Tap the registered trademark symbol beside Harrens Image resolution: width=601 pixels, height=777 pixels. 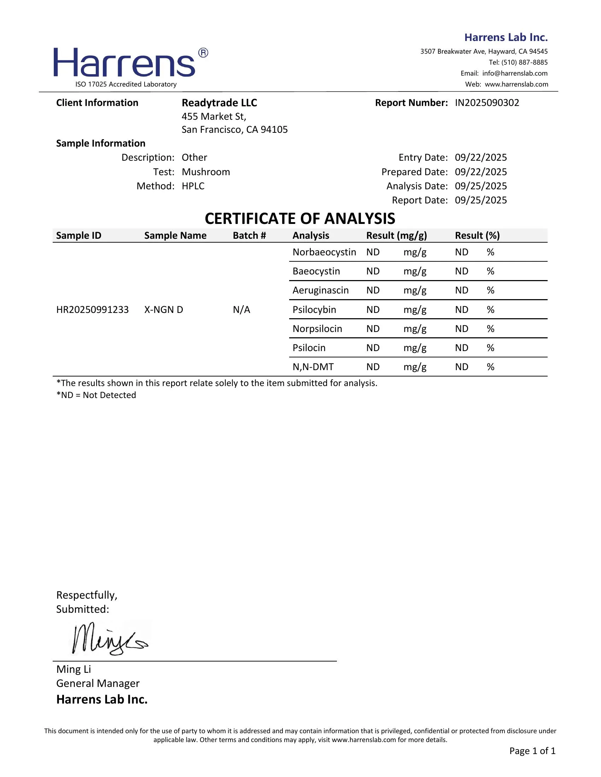point(203,53)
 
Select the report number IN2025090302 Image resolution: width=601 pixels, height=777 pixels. point(487,103)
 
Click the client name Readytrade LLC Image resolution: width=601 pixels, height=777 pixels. point(219,103)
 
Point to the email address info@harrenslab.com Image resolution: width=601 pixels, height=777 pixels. point(515,73)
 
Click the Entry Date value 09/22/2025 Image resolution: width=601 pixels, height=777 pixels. point(481,157)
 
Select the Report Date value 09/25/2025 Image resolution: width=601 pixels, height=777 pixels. point(481,200)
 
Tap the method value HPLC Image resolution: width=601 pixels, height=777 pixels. point(193,186)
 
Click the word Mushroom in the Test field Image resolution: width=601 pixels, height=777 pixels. point(206,172)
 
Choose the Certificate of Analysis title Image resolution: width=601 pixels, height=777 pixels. point(300,218)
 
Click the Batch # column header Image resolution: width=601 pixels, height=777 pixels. point(249,236)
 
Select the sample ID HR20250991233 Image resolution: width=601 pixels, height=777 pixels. point(93,309)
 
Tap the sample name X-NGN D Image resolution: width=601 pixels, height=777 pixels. point(163,309)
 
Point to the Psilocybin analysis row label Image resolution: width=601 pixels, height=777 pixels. point(314,309)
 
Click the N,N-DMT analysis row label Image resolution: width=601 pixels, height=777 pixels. point(313,367)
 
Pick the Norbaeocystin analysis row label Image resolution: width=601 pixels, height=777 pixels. point(324,252)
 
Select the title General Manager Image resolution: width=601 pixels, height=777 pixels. point(98,683)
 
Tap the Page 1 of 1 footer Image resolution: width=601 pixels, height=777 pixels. point(532,751)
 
